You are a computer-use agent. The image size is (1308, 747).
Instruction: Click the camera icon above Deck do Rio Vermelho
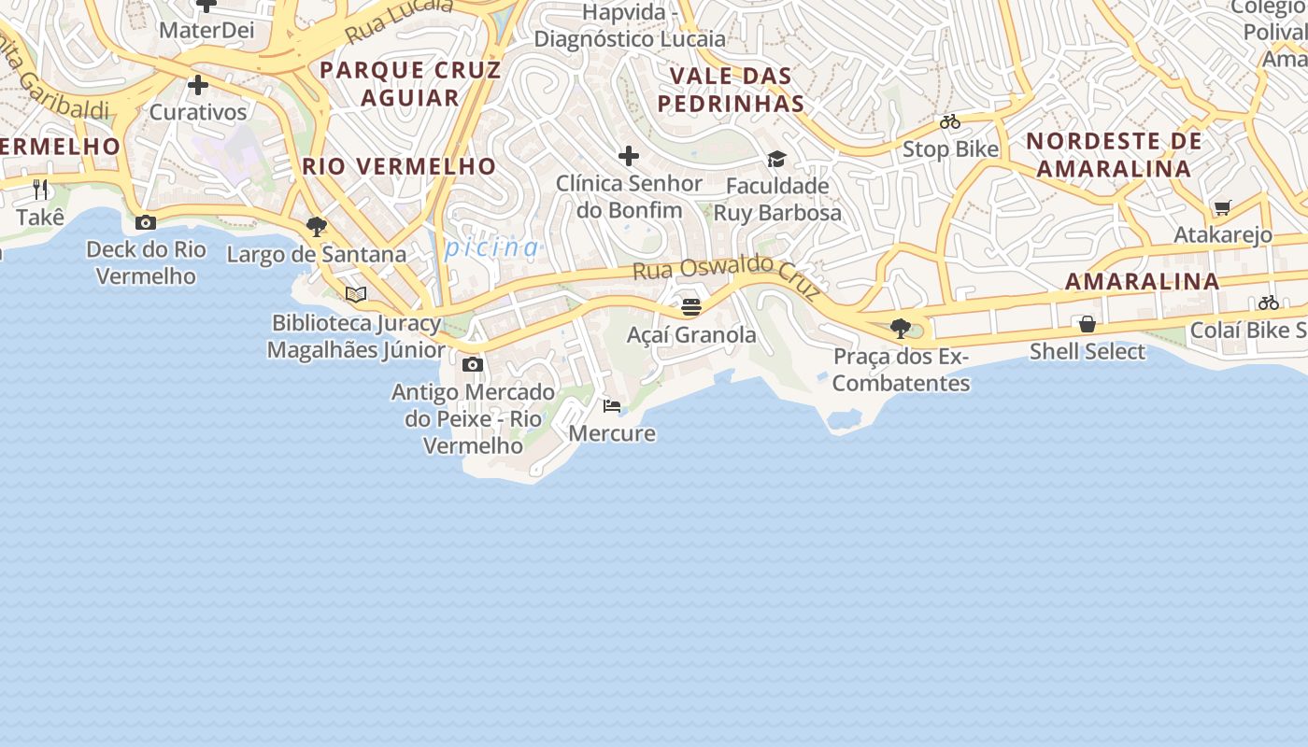pos(146,222)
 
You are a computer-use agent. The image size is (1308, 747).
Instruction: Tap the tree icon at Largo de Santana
pos(317,226)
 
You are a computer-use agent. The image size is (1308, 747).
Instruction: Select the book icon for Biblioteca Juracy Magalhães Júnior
pos(355,294)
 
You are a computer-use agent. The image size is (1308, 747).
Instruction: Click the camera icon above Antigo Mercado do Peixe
pos(473,364)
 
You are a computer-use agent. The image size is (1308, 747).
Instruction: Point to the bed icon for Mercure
pos(612,405)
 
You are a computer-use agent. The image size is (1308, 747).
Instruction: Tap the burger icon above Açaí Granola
pos(691,307)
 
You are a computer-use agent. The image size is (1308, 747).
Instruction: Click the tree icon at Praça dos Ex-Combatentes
pos(901,328)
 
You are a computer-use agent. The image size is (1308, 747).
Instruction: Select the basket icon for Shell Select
pos(1088,324)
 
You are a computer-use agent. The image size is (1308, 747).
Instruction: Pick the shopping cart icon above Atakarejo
pos(1222,207)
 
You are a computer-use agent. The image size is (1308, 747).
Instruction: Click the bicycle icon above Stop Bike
pos(950,121)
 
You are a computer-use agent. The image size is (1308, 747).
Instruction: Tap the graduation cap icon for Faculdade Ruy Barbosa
pos(776,159)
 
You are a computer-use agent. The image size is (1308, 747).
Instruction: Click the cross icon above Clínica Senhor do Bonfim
pos(629,155)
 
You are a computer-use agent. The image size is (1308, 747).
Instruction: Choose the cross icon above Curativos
pos(198,85)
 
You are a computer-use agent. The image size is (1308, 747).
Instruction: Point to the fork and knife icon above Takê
pos(40,190)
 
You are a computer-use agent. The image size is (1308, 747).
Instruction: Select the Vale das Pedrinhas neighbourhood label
pos(731,90)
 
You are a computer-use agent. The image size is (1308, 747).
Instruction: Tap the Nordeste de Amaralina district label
pos(1114,155)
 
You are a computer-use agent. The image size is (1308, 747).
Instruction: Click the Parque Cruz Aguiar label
pos(410,84)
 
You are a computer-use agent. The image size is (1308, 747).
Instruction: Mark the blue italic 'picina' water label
pos(492,247)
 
